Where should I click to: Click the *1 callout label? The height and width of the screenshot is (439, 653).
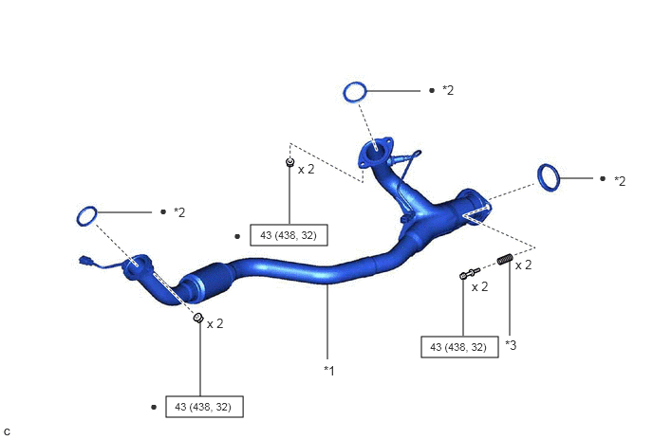coord(329,371)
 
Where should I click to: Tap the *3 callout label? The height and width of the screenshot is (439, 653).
coord(511,345)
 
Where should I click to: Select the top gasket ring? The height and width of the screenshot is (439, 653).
coord(355,92)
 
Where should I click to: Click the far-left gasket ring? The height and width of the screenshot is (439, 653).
coord(87,216)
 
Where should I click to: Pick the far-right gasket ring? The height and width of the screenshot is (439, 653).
coord(549,177)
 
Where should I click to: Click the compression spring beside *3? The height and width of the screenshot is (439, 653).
coord(505,259)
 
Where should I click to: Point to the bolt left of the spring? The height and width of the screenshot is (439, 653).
coord(470,273)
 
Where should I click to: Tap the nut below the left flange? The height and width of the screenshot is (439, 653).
coord(198,318)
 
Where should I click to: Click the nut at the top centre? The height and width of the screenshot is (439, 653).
coord(289,162)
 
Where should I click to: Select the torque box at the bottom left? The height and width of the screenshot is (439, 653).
coord(204,407)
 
